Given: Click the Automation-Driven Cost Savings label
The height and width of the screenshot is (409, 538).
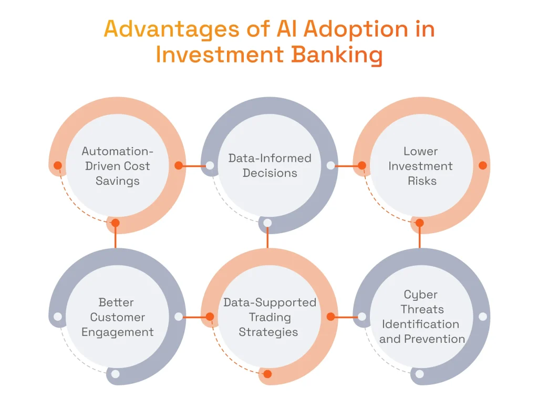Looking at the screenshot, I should point(118,166).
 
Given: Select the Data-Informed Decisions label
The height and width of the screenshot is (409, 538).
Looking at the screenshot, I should point(270,165).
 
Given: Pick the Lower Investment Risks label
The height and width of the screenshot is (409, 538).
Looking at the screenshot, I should point(421,166).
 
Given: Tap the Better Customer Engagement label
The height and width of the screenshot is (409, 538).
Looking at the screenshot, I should point(118,317).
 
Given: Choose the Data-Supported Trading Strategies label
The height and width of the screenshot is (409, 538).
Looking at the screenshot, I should point(269,317).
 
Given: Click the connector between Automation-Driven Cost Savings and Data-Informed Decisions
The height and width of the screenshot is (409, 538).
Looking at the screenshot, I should point(194,165).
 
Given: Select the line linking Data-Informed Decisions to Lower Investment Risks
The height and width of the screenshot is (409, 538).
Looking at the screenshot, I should point(346,165).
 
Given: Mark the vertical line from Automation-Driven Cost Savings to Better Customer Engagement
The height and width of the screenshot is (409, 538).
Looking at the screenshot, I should point(116,239).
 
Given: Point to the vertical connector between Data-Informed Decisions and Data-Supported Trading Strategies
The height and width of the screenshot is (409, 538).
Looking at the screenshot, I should point(267,239).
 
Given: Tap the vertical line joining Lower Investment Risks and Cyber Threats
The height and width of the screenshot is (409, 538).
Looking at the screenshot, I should point(419,239).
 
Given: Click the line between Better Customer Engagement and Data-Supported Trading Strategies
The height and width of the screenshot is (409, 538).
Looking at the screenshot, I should point(194,317).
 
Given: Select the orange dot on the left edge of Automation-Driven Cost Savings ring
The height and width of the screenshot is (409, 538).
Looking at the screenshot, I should point(58,165).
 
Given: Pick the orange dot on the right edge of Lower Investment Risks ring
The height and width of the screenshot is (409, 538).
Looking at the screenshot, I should point(483,165).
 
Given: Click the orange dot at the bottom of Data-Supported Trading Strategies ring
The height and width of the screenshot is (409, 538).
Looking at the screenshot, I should point(267,374).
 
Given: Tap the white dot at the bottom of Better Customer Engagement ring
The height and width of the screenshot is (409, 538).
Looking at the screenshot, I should point(116,374).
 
